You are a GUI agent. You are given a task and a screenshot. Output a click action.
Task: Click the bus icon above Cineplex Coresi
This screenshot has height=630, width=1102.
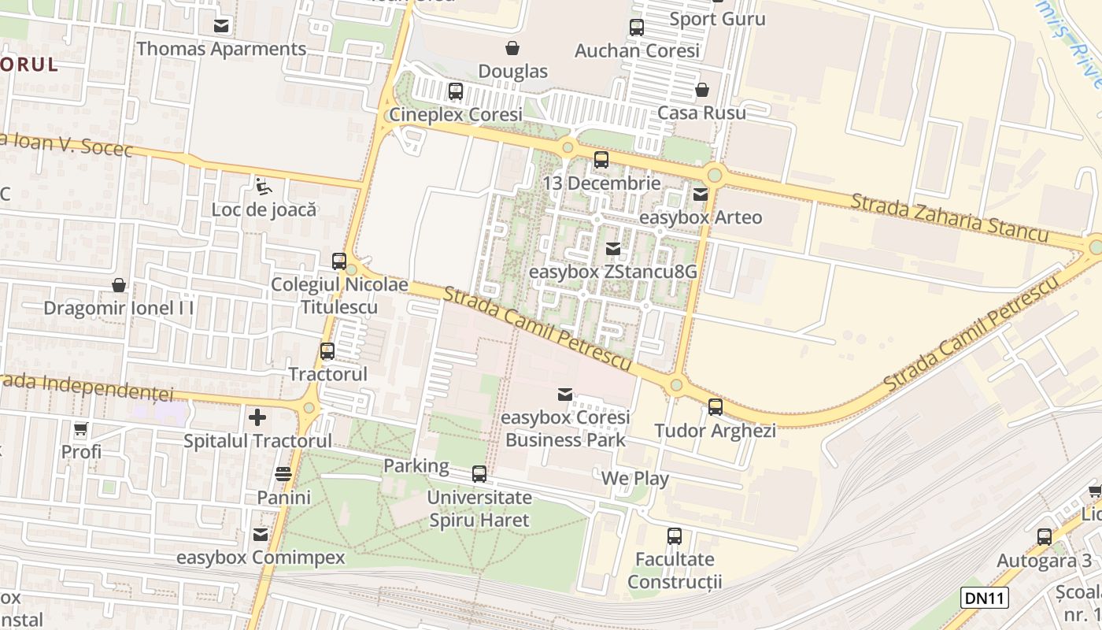tap(456, 91)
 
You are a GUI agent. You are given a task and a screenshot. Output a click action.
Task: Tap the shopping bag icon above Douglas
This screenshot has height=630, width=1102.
tap(512, 48)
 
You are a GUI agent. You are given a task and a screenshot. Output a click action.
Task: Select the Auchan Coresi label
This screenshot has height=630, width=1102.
tap(637, 50)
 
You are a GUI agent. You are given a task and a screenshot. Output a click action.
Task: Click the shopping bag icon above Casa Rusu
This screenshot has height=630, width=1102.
tap(701, 90)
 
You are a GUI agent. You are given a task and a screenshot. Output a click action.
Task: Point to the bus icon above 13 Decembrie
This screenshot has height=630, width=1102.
tap(601, 160)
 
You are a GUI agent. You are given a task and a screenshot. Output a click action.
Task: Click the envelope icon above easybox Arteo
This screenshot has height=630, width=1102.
tap(700, 194)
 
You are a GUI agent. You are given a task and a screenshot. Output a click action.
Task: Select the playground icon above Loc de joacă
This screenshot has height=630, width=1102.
tap(263, 187)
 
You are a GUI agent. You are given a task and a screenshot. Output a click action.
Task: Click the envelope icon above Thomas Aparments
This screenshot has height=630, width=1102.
tap(221, 26)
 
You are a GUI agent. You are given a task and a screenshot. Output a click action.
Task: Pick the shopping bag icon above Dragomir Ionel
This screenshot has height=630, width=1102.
tap(119, 284)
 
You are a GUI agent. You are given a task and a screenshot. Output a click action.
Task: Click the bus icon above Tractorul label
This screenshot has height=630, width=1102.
tap(327, 351)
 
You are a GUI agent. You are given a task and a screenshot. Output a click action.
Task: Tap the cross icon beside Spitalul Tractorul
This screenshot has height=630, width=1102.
tap(257, 417)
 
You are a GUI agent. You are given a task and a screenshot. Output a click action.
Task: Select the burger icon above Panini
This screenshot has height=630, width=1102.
tap(283, 474)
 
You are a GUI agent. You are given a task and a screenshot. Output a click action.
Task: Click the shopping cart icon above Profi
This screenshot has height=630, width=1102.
tap(80, 429)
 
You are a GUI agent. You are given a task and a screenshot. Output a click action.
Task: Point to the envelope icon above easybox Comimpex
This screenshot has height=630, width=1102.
tap(261, 535)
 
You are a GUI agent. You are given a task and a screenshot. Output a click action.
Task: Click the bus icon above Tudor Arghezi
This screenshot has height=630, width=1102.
tap(716, 407)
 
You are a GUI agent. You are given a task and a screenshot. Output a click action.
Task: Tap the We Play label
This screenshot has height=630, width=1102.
tap(634, 479)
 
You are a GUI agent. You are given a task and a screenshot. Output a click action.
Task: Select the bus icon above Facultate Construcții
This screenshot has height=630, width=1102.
tap(675, 536)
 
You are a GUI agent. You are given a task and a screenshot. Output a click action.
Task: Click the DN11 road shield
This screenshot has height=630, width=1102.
tap(984, 598)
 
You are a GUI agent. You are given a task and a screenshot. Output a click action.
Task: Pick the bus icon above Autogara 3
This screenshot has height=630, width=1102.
tap(1045, 537)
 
